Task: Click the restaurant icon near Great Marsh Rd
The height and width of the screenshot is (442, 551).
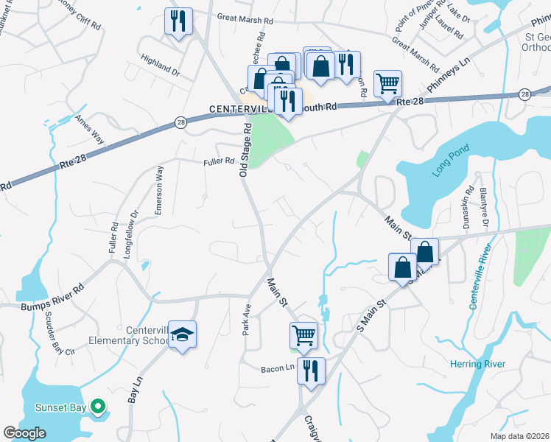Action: click(178, 21)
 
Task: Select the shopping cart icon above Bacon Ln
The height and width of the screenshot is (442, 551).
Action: click(303, 335)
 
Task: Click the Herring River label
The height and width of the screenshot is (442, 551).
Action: click(477, 364)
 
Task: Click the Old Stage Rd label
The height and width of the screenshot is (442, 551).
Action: click(246, 149)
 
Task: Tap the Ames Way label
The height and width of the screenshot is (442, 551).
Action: click(89, 130)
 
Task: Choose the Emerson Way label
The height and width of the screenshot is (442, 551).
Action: click(158, 190)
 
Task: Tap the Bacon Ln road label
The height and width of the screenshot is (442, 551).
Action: click(277, 368)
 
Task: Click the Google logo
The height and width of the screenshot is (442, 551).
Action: click(24, 433)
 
